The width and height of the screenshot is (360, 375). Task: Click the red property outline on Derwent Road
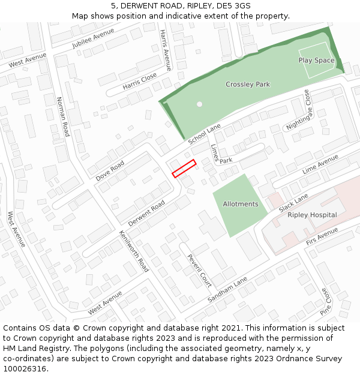click(x=184, y=169)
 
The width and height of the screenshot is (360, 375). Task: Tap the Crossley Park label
click(x=248, y=85)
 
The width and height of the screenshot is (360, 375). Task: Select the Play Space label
click(x=316, y=61)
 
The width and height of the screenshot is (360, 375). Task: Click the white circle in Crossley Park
click(x=199, y=104)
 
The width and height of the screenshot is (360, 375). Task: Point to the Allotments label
click(x=241, y=204)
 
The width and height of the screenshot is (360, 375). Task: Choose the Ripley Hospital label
click(x=312, y=215)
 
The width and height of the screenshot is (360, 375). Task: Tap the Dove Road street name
click(x=110, y=171)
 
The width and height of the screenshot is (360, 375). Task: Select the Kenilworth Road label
click(x=134, y=251)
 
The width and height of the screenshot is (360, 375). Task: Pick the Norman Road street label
click(x=63, y=116)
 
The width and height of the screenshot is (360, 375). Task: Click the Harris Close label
click(x=139, y=82)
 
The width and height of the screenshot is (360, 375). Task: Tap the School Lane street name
click(x=205, y=134)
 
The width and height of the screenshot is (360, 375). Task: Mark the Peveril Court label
click(x=199, y=270)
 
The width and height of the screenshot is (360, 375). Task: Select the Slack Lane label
click(x=293, y=202)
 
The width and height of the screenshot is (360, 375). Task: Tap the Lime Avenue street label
click(x=320, y=164)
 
